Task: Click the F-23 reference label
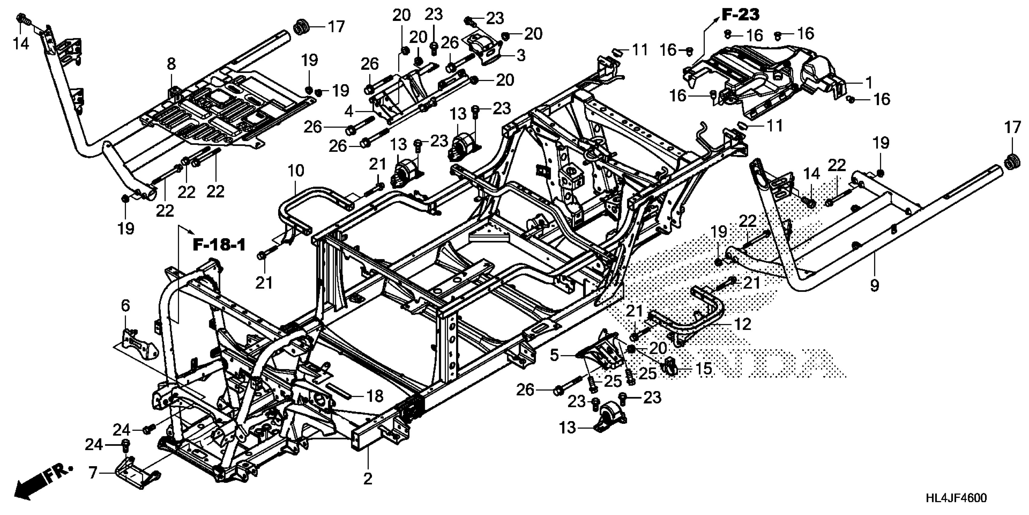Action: tap(740, 15)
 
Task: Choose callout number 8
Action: tap(171, 64)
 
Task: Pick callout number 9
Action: tap(874, 285)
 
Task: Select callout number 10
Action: tap(296, 171)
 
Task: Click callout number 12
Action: tap(743, 324)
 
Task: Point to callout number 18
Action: tap(375, 396)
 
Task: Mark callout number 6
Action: tap(125, 306)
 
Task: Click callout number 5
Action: tap(554, 355)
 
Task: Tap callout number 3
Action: tap(521, 55)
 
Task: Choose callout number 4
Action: tap(349, 111)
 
